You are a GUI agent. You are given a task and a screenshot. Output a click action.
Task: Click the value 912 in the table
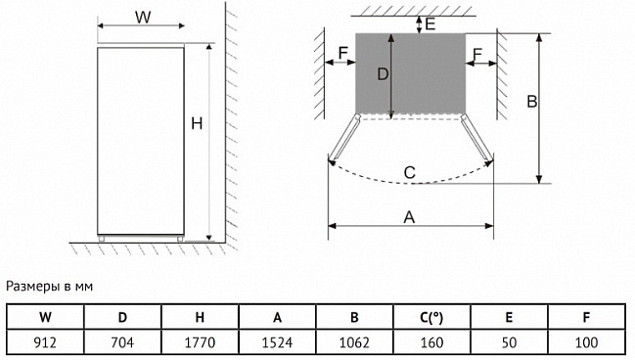pyautogui.click(x=45, y=342)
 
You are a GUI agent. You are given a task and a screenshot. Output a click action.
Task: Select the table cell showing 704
pyautogui.click(x=122, y=342)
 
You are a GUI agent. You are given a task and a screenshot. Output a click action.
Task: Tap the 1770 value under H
pyautogui.click(x=200, y=342)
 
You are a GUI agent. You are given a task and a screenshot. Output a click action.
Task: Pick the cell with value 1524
pyautogui.click(x=277, y=342)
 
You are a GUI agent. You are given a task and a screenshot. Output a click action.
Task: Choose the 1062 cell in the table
pyautogui.click(x=354, y=342)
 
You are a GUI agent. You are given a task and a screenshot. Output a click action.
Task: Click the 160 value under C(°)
pyautogui.click(x=431, y=342)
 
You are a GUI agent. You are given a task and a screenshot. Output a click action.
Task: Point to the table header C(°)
pyautogui.click(x=431, y=317)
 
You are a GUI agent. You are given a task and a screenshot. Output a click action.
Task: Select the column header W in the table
pyautogui.click(x=45, y=317)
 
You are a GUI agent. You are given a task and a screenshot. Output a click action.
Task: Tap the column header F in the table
pyautogui.click(x=586, y=317)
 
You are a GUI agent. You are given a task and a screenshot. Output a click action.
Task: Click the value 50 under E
pyautogui.click(x=509, y=342)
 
